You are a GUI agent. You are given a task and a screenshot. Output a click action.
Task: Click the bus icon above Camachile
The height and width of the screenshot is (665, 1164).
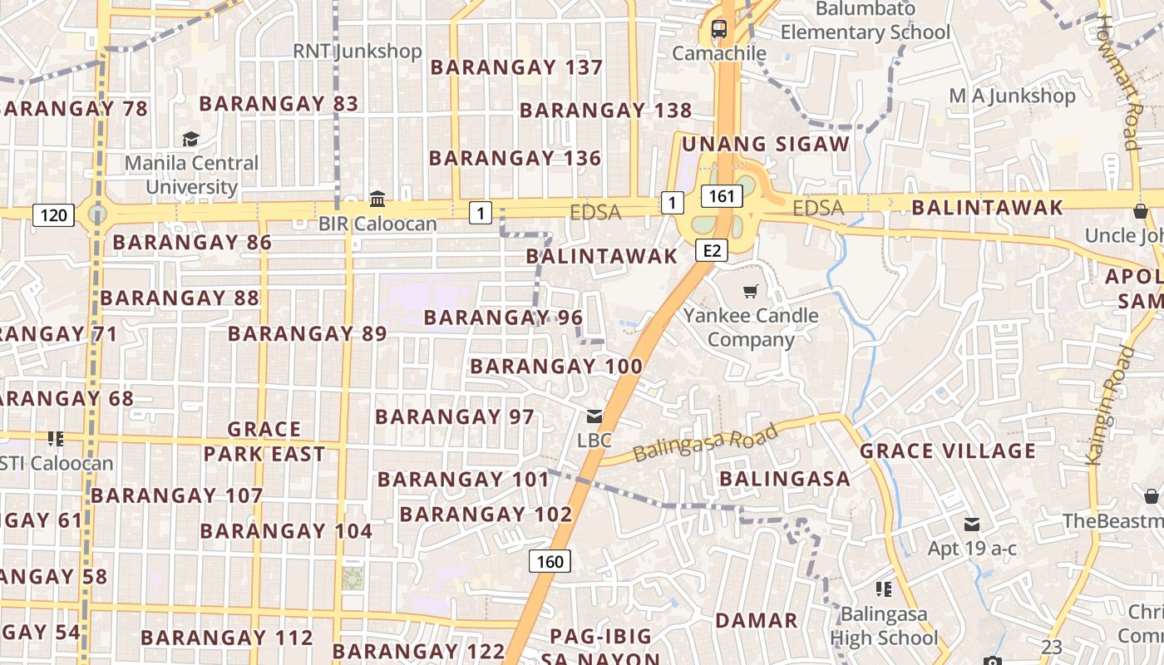(718, 29)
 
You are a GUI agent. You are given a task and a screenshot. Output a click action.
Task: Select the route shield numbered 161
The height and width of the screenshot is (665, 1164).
(722, 196)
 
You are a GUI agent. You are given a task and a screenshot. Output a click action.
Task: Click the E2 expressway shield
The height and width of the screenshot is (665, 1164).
(712, 250)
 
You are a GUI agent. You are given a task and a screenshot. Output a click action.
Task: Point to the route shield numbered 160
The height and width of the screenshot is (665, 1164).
(550, 561)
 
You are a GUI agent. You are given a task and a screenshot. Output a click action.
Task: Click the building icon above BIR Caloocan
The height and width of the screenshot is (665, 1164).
(377, 199)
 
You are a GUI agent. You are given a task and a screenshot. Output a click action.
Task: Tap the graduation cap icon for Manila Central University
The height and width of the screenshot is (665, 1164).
(191, 139)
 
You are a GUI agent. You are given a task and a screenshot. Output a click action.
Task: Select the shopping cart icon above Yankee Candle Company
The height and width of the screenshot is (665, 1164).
(751, 291)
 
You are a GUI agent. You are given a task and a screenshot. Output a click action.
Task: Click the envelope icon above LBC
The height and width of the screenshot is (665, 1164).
(594, 416)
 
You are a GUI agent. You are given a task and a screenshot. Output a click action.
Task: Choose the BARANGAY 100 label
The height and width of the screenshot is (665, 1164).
(556, 367)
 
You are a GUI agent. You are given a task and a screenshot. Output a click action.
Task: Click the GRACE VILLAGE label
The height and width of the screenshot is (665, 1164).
(947, 451)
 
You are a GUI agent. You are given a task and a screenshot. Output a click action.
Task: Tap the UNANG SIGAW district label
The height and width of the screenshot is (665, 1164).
(765, 145)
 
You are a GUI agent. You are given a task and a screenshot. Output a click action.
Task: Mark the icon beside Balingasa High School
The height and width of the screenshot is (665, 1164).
(883, 589)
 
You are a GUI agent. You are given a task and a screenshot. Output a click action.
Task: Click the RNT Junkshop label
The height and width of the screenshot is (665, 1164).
(358, 52)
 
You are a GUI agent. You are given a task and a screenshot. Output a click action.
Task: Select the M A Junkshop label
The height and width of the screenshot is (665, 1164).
(1012, 96)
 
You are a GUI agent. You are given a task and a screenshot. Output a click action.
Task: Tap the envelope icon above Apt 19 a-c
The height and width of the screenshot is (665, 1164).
(971, 525)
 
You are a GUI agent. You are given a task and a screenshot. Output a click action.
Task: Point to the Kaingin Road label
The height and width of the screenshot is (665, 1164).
(1111, 405)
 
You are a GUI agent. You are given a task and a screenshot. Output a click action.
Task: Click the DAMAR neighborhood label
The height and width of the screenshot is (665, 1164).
(757, 620)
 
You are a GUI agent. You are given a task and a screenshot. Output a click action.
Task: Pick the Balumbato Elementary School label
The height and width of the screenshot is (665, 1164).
(865, 21)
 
